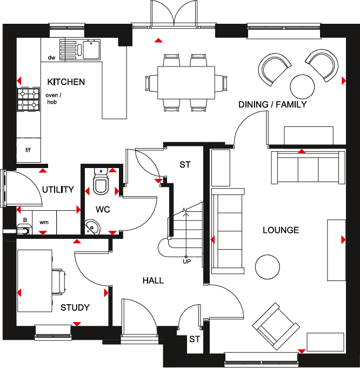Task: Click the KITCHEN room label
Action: coord(66,82)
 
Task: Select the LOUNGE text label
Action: coord(281,230)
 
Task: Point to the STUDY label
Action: coord(75,307)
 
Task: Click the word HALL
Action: coord(153,280)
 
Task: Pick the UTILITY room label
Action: coord(57,189)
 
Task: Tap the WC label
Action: coord(103,209)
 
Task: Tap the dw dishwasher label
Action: coord(51,57)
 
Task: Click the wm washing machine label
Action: coord(44,222)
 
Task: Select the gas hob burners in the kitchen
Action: coord(28,99)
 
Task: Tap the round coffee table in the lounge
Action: coord(269,266)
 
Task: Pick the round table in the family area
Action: coord(302,85)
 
